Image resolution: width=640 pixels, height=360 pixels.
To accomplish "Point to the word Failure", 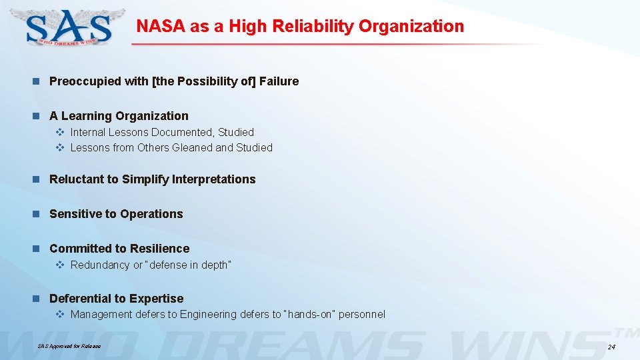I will pos(279,81).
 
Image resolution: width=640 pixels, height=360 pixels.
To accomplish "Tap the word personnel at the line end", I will pos(362,314).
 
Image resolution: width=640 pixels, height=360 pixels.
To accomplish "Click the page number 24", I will pos(611,347).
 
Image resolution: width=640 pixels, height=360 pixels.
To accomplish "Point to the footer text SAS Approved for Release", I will pos(69,346).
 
